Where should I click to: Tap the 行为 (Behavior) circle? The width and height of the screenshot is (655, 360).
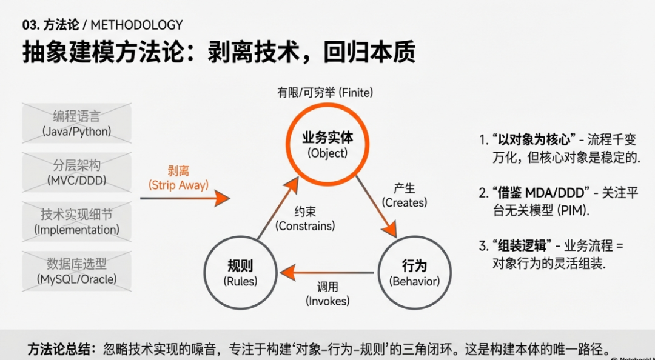click(x=414, y=273)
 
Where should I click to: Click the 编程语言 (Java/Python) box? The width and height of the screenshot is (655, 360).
click(x=76, y=123)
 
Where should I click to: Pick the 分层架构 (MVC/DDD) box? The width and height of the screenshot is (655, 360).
click(x=76, y=172)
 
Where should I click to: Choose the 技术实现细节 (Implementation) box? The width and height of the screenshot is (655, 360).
click(x=76, y=221)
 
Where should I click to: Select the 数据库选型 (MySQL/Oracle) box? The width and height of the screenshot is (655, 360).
click(x=76, y=271)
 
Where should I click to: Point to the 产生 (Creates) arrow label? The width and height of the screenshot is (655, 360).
click(x=405, y=195)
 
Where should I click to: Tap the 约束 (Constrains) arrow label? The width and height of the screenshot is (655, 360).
click(x=305, y=219)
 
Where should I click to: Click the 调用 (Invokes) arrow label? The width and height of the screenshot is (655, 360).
click(x=327, y=293)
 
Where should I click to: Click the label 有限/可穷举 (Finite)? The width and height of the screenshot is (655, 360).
click(x=325, y=93)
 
